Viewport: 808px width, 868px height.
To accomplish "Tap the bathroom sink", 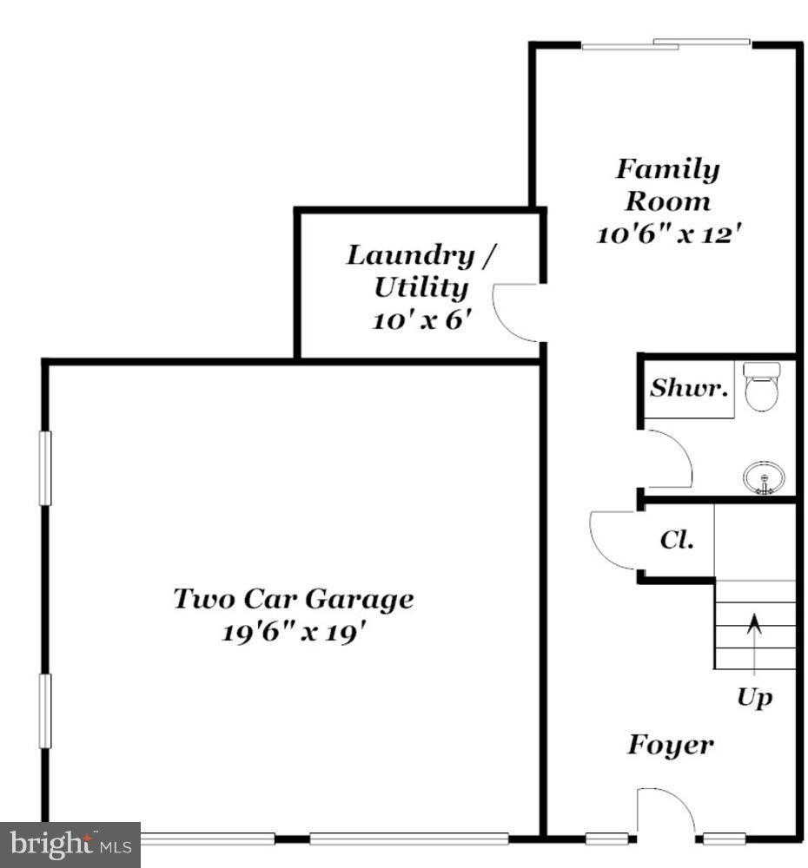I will coord(764,477).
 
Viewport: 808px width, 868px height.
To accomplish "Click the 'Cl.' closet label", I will coord(677,540).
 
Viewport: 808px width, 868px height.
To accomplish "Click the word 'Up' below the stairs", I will coord(754,697).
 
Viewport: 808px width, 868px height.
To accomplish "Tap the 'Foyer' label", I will coord(671,745).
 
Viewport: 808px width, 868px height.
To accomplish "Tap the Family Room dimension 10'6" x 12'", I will coord(668,234).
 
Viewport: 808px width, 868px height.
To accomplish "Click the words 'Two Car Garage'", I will coord(293,599).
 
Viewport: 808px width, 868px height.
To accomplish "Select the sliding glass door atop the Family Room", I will coord(666,43).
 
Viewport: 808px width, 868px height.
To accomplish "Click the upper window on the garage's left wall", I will coord(44,468).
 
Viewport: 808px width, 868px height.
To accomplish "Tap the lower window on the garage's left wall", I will coord(44,711).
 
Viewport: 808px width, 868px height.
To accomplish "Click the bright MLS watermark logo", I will coord(70,844).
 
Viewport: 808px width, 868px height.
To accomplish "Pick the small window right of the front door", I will coord(725,838).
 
